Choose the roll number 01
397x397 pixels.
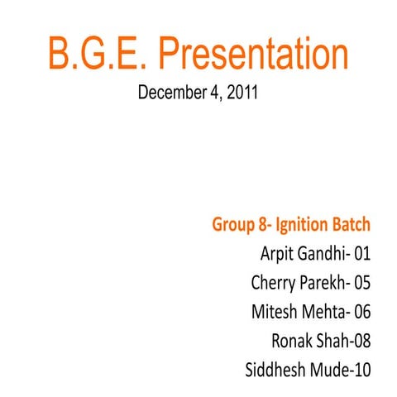tap(361, 253)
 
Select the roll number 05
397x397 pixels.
tap(361, 283)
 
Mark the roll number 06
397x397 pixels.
tap(361, 312)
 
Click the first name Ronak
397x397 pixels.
tap(290, 341)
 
